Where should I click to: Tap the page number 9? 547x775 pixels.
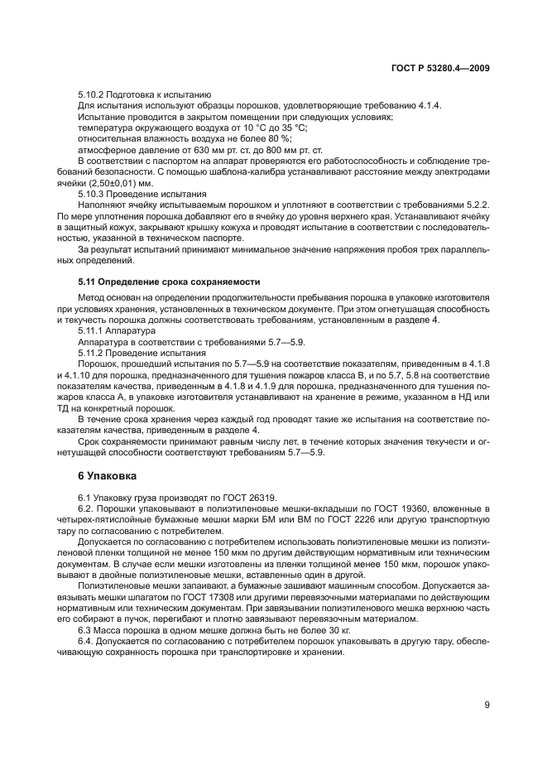pyautogui.click(x=486, y=705)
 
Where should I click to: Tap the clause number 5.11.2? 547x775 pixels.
pyautogui.click(x=93, y=351)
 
